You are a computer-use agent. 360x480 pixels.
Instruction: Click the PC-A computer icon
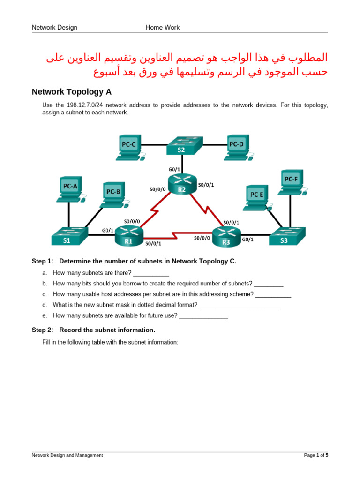(70, 188)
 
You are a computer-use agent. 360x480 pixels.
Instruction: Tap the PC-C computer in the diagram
(129, 147)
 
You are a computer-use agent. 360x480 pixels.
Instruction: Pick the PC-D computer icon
(236, 147)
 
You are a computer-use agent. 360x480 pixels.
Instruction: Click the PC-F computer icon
(291, 182)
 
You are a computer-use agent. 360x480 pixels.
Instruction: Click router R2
(181, 184)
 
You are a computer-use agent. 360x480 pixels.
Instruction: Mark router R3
(226, 236)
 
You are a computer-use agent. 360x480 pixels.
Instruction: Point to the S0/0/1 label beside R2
(206, 185)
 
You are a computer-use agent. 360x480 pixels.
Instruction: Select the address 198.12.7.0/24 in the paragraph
(89, 105)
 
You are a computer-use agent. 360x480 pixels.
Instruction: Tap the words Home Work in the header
(162, 27)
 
